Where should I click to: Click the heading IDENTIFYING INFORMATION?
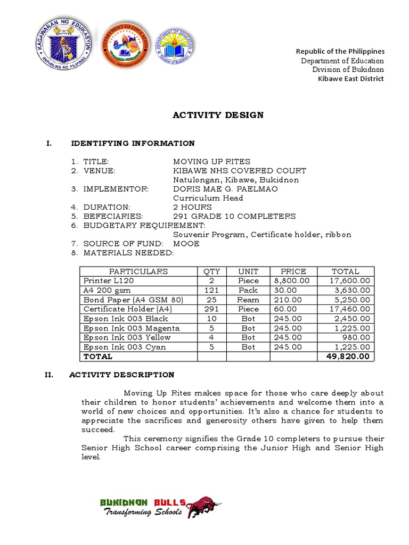(133, 143)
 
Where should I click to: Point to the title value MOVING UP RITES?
(211, 161)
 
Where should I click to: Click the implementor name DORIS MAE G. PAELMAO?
(225, 189)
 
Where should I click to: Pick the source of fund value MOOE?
(186, 243)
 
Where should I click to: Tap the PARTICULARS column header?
(138, 271)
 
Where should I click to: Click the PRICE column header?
(293, 271)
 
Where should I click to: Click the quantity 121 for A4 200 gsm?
(211, 290)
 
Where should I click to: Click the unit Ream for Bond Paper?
(248, 300)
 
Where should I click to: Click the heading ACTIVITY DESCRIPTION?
(121, 375)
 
